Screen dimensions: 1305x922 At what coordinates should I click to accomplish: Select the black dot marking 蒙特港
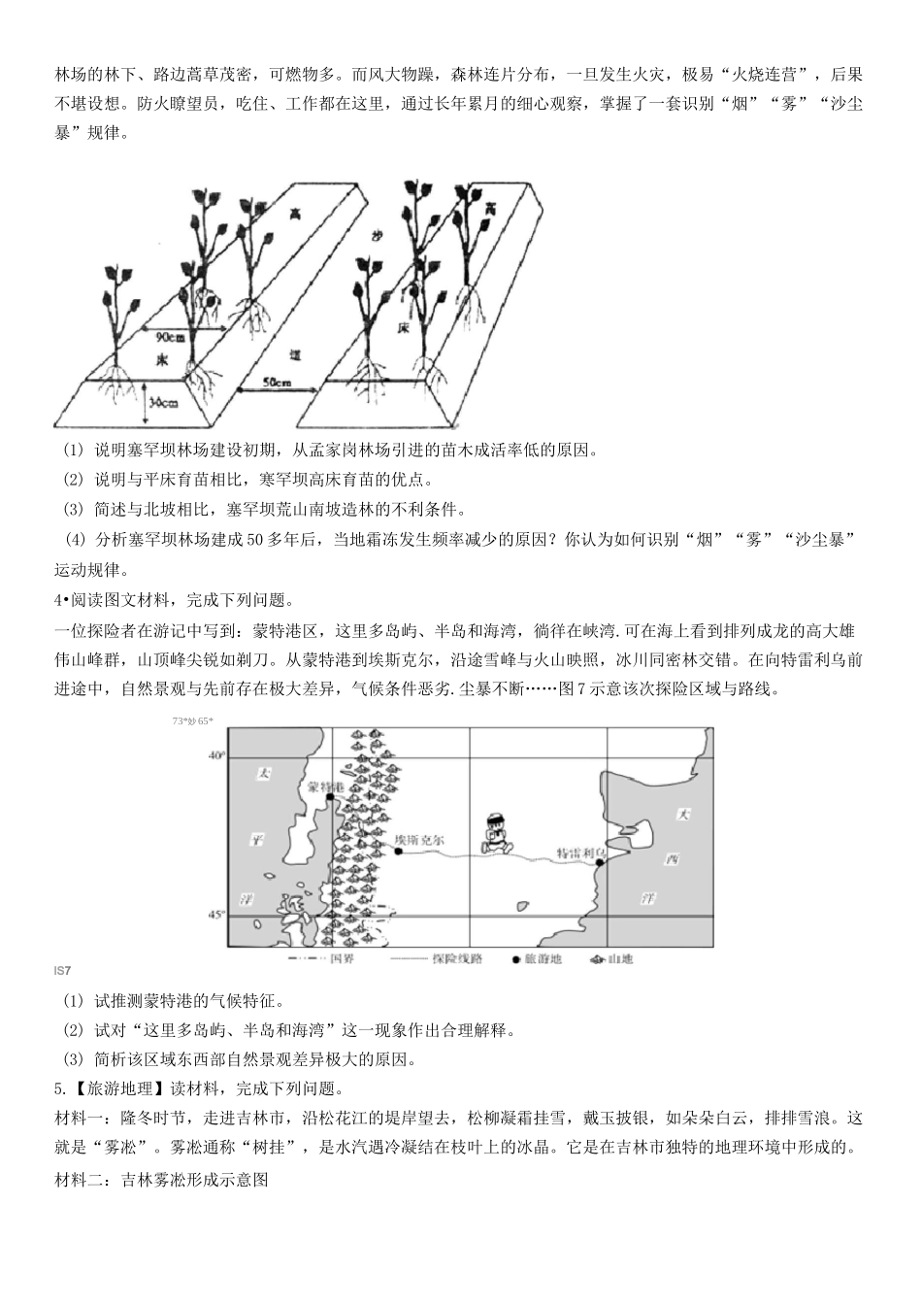click(331, 796)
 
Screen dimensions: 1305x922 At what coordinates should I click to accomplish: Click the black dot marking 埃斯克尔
click(399, 851)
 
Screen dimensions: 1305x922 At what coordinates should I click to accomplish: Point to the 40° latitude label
click(217, 754)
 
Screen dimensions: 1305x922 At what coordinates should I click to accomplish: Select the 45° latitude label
click(217, 915)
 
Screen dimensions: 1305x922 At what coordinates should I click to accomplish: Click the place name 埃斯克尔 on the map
click(419, 838)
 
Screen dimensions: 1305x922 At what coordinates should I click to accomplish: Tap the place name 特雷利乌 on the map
click(579, 852)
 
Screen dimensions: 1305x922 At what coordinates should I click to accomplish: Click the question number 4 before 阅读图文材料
click(57, 599)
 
